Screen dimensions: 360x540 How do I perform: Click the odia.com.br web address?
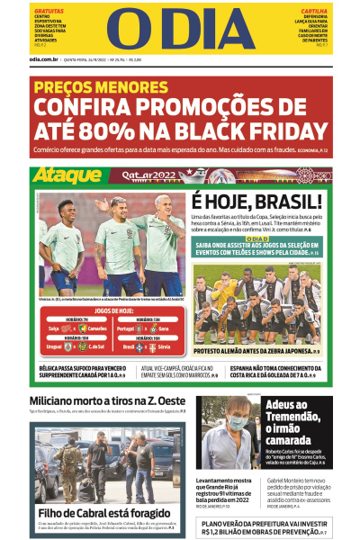(44, 60)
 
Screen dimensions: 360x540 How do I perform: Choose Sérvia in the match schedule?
(161, 346)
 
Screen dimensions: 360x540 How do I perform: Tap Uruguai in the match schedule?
(53, 346)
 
